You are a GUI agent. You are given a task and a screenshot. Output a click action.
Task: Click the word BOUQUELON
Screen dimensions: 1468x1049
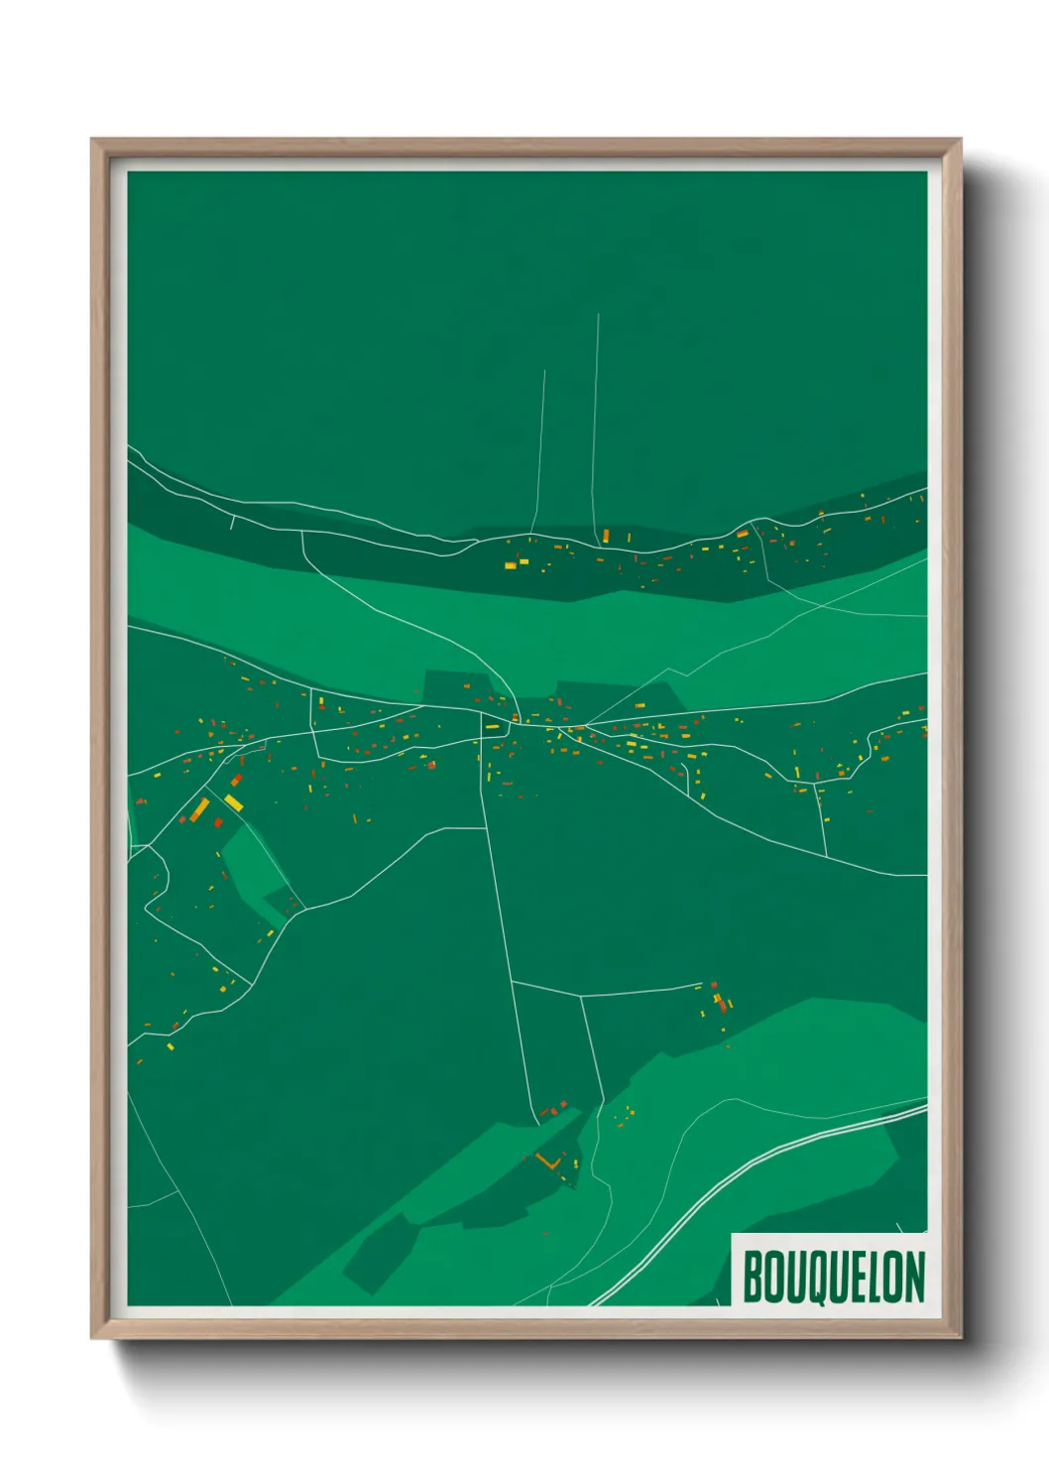[x=833, y=1277]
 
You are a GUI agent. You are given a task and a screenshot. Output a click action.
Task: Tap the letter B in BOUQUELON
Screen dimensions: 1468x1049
[x=752, y=1277]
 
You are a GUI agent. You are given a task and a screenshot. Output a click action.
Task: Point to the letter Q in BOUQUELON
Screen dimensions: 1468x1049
[x=813, y=1278]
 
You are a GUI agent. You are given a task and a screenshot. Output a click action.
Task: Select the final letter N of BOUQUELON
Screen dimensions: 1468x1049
[x=914, y=1277]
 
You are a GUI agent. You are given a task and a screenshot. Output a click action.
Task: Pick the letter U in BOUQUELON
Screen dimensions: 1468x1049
[x=793, y=1277]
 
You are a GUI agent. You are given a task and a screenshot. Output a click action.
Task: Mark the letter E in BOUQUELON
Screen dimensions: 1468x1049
[x=856, y=1277]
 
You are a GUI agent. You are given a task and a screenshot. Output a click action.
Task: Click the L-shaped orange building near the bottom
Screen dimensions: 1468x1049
[x=547, y=1160]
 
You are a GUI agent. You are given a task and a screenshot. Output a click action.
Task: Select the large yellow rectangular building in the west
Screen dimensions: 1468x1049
[x=234, y=801]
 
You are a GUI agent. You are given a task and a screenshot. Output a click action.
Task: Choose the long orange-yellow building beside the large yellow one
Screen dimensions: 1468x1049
[x=199, y=809]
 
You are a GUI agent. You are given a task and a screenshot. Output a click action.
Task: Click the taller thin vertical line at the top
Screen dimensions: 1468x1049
[x=596, y=417]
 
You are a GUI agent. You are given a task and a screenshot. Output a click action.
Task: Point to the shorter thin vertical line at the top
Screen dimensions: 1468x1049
[x=540, y=446]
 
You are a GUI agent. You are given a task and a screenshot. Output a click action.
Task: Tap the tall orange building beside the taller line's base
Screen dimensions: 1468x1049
[x=606, y=536]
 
